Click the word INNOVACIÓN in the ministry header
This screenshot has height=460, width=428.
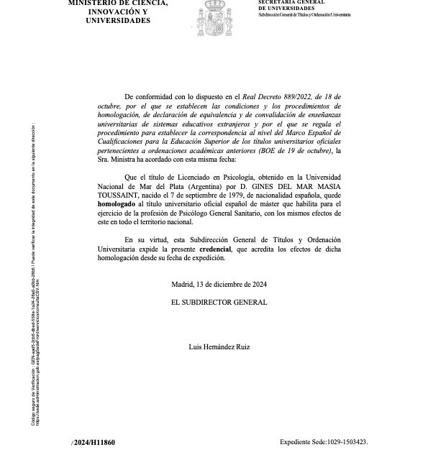[101, 12]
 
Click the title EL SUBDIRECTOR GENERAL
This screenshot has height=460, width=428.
[219, 303]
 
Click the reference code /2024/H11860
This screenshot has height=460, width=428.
[94, 443]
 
